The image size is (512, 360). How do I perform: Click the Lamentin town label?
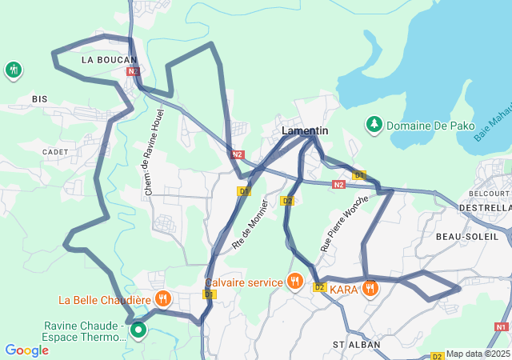tap(305, 130)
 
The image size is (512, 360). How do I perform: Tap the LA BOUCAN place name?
tap(110, 59)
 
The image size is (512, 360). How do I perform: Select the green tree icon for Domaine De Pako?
tap(374, 124)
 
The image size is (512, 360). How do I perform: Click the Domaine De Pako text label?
tap(430, 126)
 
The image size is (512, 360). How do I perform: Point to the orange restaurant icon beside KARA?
tap(370, 288)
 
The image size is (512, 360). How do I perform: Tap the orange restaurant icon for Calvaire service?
tap(295, 282)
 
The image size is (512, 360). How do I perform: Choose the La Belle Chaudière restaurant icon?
tap(163, 299)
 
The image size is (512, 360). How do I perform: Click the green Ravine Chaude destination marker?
tap(138, 329)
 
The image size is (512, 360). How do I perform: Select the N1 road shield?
tap(502, 326)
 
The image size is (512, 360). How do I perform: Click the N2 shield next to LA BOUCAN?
tap(133, 71)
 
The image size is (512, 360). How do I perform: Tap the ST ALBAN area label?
tap(355, 344)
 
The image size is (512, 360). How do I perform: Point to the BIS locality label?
tap(40, 98)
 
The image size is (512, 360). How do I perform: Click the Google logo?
tap(26, 350)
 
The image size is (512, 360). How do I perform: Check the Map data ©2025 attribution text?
tap(477, 354)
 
